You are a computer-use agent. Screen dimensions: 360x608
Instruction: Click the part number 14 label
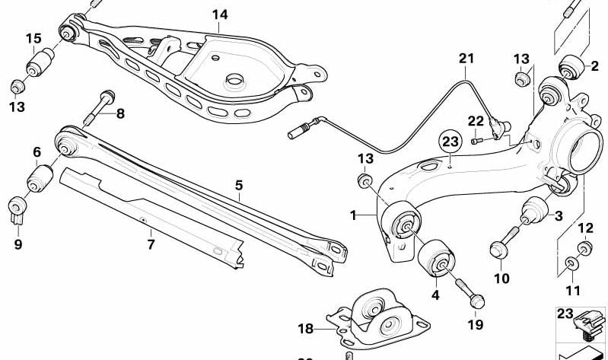pyautogui.click(x=219, y=14)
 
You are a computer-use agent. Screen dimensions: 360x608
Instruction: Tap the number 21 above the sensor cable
pyautogui.click(x=466, y=59)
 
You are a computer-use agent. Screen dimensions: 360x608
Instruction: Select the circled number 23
pyautogui.click(x=450, y=141)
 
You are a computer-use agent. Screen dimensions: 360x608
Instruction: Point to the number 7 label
pyautogui.click(x=151, y=244)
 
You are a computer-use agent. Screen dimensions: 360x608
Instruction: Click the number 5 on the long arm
pyautogui.click(x=238, y=185)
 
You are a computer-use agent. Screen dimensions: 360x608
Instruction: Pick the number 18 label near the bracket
pyautogui.click(x=305, y=329)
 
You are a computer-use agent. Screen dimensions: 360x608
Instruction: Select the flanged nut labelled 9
pyautogui.click(x=18, y=208)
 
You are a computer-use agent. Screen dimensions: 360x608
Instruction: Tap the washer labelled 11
pyautogui.click(x=571, y=264)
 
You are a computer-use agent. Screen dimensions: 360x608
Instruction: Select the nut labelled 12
pyautogui.click(x=585, y=247)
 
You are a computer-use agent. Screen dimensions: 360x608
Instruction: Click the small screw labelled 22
pyautogui.click(x=476, y=139)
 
